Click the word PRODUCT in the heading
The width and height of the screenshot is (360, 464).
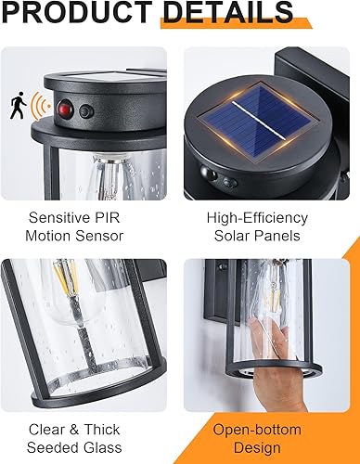tap(78, 13)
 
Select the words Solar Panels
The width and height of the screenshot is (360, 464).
tap(257, 235)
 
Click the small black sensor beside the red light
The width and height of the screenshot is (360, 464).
tap(85, 110)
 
